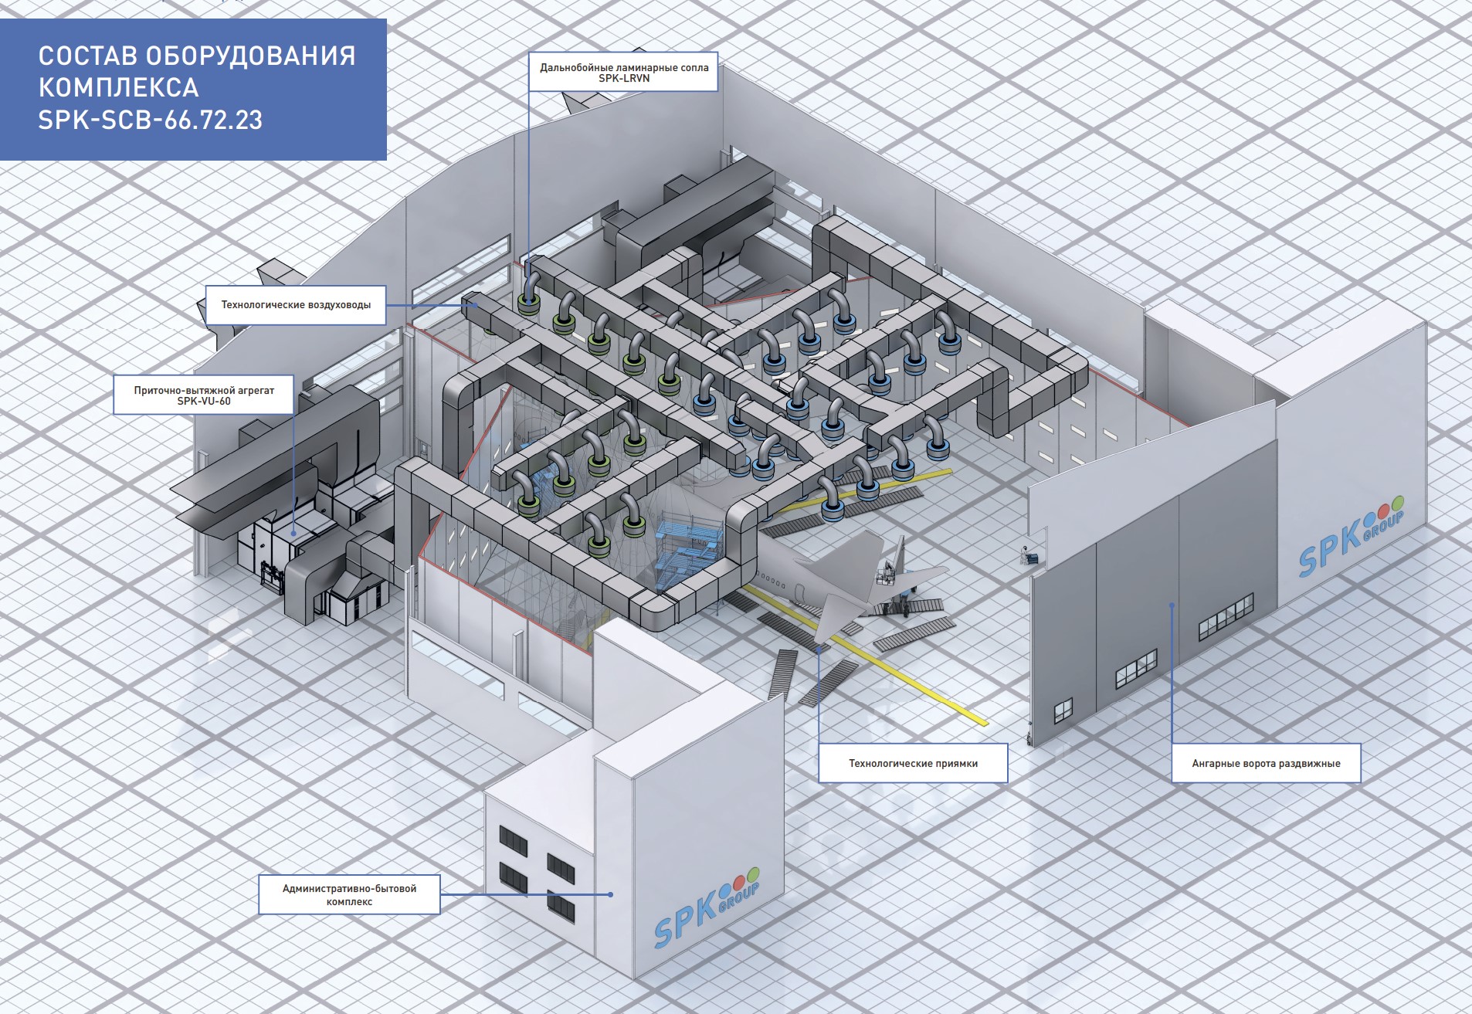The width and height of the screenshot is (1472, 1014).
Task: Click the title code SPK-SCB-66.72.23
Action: (x=151, y=120)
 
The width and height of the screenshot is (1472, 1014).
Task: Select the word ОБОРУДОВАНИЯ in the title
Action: (x=250, y=56)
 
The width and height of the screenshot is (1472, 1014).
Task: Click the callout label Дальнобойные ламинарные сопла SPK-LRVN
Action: (x=623, y=73)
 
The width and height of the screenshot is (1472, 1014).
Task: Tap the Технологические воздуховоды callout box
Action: (x=296, y=305)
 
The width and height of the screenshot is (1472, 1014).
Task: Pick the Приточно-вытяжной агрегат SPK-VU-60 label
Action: (x=204, y=395)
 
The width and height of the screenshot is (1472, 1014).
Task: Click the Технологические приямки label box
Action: (x=913, y=764)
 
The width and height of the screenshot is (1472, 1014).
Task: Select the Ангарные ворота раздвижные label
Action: (x=1266, y=764)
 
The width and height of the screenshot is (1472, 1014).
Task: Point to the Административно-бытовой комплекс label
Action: (x=349, y=895)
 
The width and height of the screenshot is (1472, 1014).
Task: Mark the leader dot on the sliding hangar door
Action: (x=1172, y=605)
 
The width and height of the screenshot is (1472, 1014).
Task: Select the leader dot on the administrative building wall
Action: (x=611, y=894)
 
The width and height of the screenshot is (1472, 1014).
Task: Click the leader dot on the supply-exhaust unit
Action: (x=293, y=533)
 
